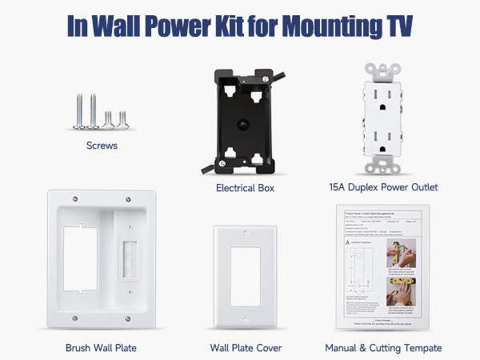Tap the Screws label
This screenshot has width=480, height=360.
click(x=102, y=146)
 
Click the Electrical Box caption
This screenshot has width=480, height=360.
click(x=245, y=188)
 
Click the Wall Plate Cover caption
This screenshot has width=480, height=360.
click(x=246, y=348)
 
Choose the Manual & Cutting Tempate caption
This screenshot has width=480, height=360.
click(x=383, y=348)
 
